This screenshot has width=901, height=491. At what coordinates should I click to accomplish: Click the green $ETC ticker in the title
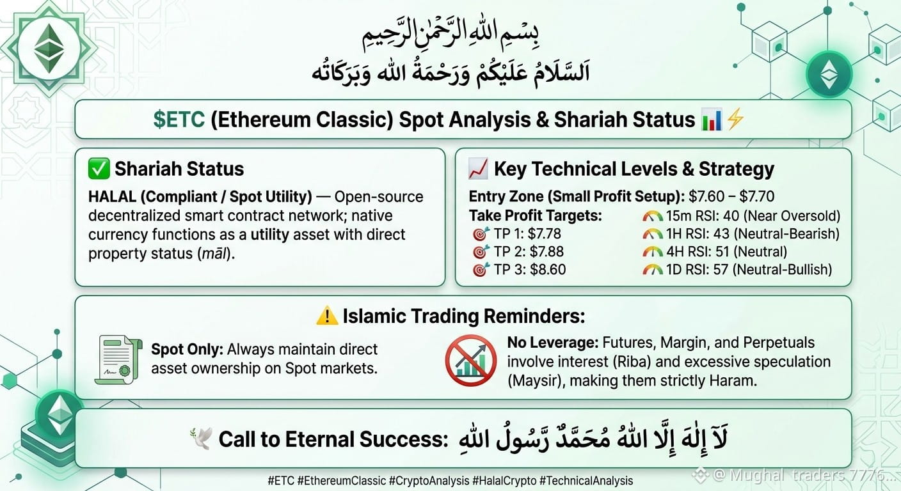tap(179, 120)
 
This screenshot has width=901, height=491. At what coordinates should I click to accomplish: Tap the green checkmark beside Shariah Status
tap(99, 169)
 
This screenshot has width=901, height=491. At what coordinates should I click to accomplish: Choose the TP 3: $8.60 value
tap(530, 270)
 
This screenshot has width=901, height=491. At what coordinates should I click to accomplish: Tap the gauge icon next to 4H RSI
tap(653, 253)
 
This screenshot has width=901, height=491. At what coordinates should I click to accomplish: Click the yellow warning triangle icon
tap(327, 316)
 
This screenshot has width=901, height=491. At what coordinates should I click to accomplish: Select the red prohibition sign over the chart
tap(470, 361)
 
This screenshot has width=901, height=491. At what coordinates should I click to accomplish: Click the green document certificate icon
tap(118, 359)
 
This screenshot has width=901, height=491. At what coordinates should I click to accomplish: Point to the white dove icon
tap(201, 439)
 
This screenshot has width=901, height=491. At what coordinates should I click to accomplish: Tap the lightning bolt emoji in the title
tap(735, 120)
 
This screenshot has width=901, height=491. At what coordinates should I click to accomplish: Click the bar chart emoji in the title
tap(711, 120)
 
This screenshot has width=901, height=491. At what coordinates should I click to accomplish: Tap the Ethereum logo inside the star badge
tap(49, 49)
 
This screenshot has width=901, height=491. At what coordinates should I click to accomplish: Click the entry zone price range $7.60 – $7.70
tap(731, 196)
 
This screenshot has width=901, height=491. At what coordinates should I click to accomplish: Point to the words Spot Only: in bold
tap(187, 350)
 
